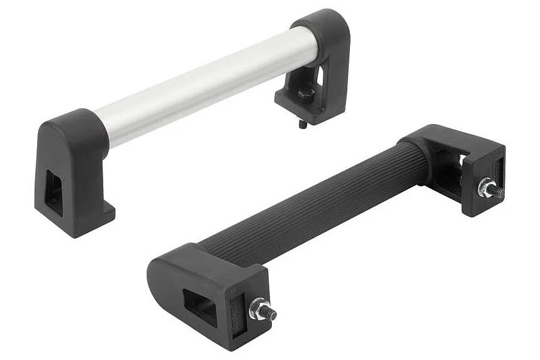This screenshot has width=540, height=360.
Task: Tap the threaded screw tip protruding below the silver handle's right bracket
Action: click(x=301, y=125)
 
